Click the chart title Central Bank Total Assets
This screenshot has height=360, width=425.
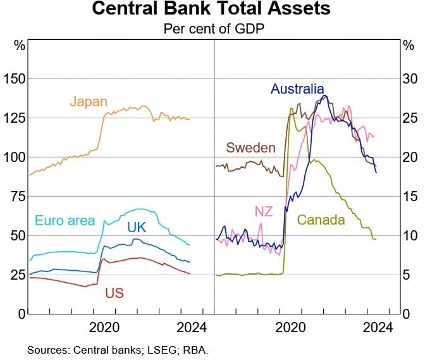pyautogui.click(x=211, y=9)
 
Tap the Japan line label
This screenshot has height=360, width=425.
pyautogui.click(x=89, y=101)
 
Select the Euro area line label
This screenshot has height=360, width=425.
pyautogui.click(x=65, y=221)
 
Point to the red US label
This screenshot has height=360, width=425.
pyautogui.click(x=114, y=293)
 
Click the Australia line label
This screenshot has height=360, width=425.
pyautogui.click(x=297, y=89)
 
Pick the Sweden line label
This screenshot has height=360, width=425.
pyautogui.click(x=251, y=148)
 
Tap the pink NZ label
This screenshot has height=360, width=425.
pyautogui.click(x=264, y=211)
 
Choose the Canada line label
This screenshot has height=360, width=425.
pyautogui.click(x=321, y=220)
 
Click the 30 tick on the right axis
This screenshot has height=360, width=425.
pyautogui.click(x=410, y=78)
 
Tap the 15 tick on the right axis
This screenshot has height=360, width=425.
pyautogui.click(x=410, y=196)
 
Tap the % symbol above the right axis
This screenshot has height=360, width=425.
pyautogui.click(x=409, y=46)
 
